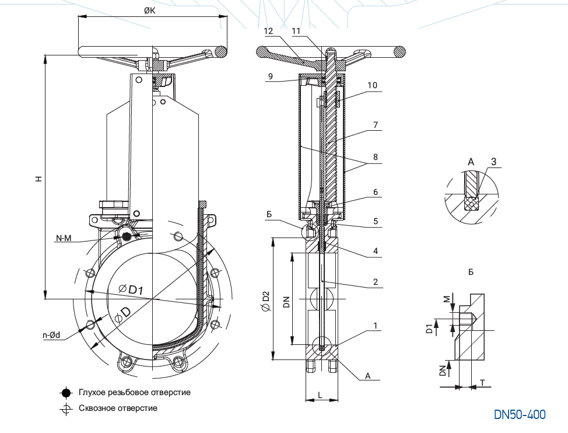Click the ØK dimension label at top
tap(152, 11)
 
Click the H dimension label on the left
tap(38, 179)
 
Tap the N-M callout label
tap(64, 238)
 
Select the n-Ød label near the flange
tap(51, 336)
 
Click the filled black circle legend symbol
tap(66, 393)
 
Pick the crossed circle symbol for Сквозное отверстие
tap(66, 408)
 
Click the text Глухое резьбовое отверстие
tap(134, 393)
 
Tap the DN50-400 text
tap(520, 415)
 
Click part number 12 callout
tap(268, 30)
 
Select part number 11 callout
tap(296, 30)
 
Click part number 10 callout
tap(372, 85)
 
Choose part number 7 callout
tap(376, 125)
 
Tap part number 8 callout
tap(376, 156)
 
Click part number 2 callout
tap(376, 282)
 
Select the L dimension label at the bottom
tap(320, 395)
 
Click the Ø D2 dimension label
tap(266, 304)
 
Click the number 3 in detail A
tap(493, 162)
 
